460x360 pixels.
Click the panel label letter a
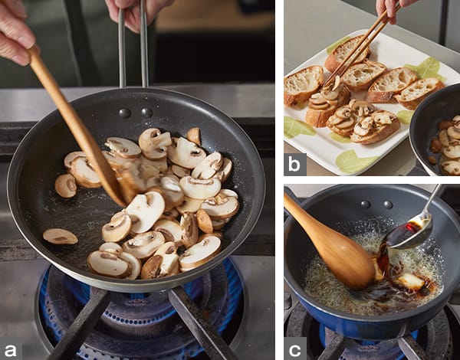click(10, 350)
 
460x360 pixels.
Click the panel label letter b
click(294, 165)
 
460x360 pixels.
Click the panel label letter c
click(294, 350)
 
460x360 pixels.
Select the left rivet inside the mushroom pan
click(125, 113)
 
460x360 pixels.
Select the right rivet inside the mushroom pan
click(146, 113)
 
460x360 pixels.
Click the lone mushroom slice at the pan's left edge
click(60, 236)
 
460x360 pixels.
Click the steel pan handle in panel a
click(133, 44)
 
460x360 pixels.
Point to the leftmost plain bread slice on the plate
click(303, 84)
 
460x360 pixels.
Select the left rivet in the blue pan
click(366, 205)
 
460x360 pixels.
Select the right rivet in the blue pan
click(388, 205)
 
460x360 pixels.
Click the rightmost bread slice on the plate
click(419, 93)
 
